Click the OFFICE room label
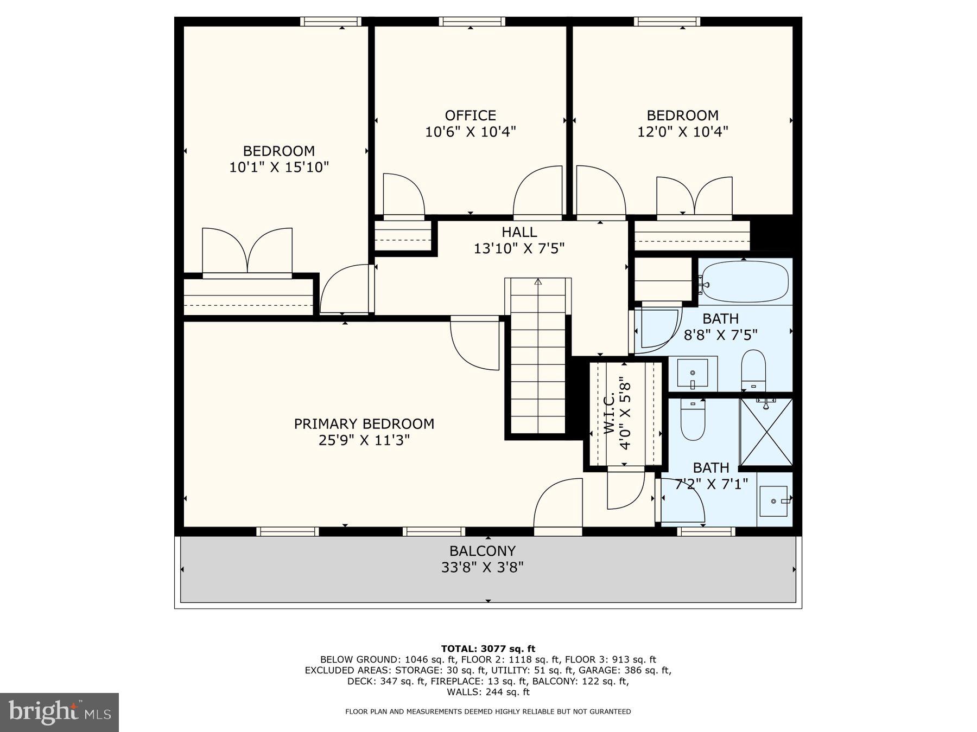[x=470, y=115]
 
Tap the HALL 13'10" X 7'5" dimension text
[x=519, y=248]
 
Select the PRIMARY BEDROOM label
[x=364, y=423]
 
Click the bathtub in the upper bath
[x=744, y=281]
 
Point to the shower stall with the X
[x=766, y=432]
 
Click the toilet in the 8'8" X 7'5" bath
[x=753, y=369]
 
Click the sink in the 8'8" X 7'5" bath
[x=693, y=373]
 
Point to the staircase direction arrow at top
[x=538, y=282]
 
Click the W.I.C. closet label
[x=610, y=414]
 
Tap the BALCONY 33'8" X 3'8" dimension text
[x=482, y=568]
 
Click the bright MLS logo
[x=59, y=712]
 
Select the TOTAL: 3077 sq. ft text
[x=488, y=648]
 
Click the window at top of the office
[x=472, y=22]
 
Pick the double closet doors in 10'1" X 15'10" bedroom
[x=247, y=251]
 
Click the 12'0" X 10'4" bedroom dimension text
[x=682, y=132]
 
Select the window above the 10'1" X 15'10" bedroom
[x=331, y=22]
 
